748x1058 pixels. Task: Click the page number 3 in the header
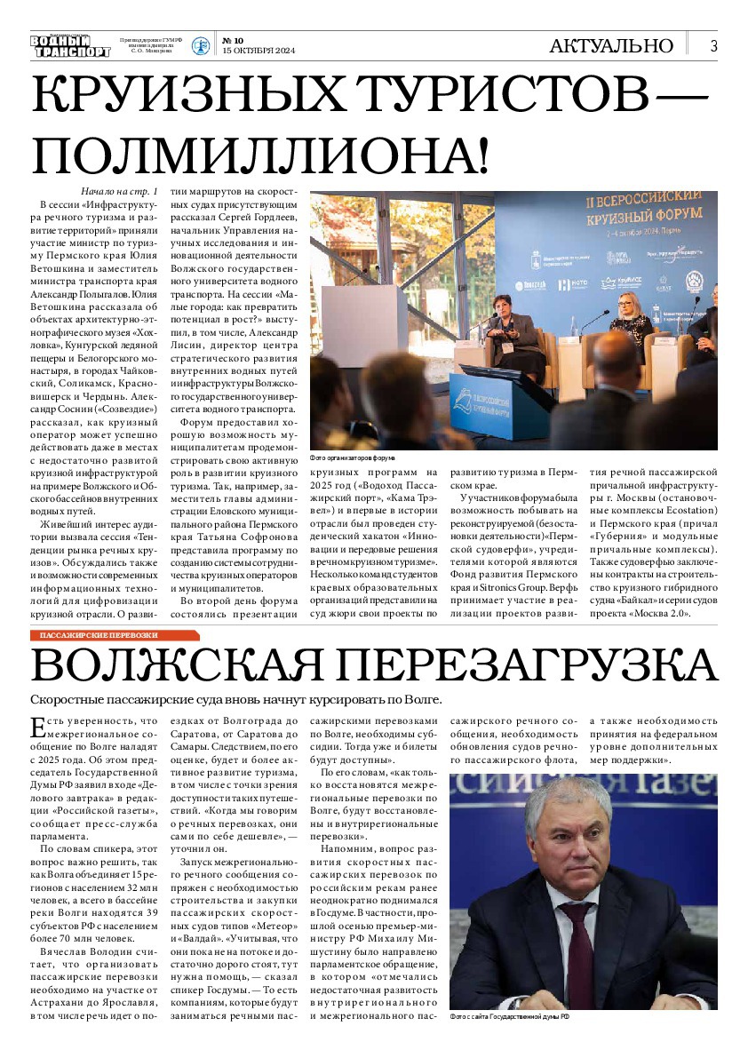(713, 46)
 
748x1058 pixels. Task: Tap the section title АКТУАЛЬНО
(611, 46)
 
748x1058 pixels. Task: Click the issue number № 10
(233, 40)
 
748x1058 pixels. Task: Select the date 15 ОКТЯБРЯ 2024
(258, 51)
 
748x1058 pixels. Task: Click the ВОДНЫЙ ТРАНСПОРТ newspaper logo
(70, 46)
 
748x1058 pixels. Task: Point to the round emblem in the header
(202, 46)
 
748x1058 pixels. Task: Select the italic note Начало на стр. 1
(119, 192)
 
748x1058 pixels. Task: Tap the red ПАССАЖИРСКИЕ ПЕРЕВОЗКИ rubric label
(99, 635)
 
